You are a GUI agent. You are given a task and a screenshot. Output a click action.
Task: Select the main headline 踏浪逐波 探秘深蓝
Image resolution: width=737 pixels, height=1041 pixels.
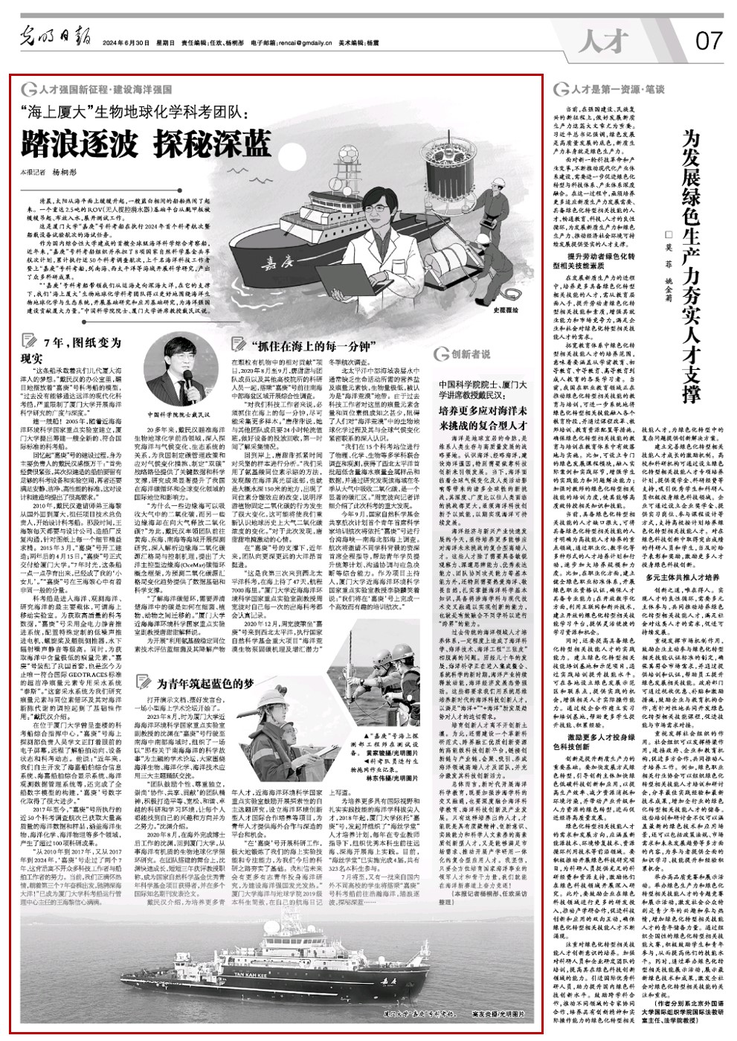coord(147,144)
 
